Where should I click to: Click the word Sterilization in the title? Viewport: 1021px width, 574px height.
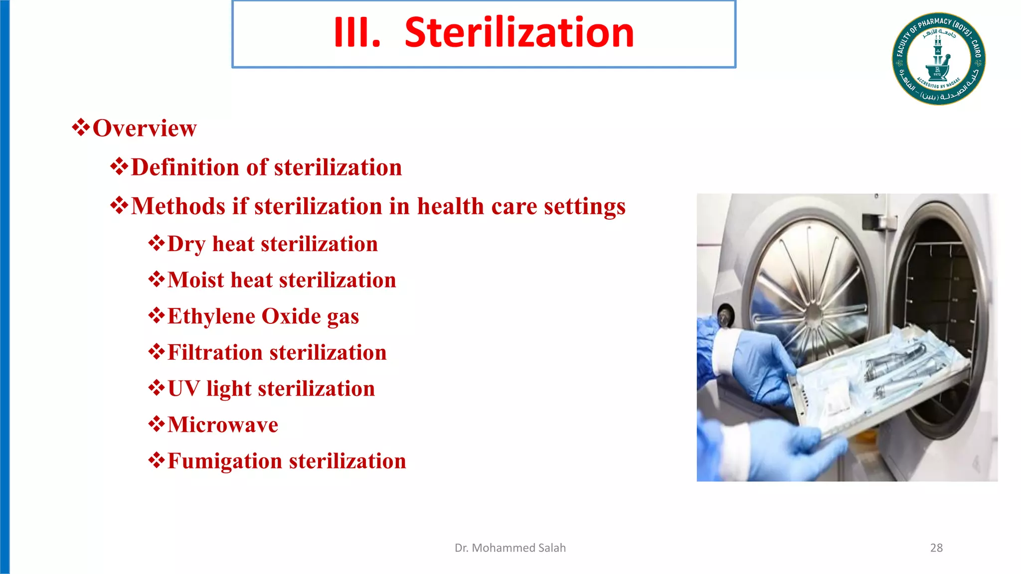(x=519, y=33)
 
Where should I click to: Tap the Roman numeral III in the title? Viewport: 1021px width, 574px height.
(x=356, y=33)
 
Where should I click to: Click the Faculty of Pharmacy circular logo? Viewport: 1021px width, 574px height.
(x=938, y=59)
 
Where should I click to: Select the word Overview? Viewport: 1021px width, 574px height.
(x=145, y=129)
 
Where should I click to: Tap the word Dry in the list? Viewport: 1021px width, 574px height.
(x=186, y=245)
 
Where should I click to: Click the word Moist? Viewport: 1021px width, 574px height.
(x=195, y=280)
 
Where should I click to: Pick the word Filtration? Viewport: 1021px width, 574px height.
(x=215, y=353)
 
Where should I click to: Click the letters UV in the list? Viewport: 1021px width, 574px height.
(x=183, y=389)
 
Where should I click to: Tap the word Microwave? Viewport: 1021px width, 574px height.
(x=223, y=425)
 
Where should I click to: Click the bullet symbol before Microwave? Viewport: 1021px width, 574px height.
(x=157, y=425)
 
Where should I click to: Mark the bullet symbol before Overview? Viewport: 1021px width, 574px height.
(x=81, y=128)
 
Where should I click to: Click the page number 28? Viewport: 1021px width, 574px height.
(x=936, y=548)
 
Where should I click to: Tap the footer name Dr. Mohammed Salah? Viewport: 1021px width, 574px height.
(x=510, y=548)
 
